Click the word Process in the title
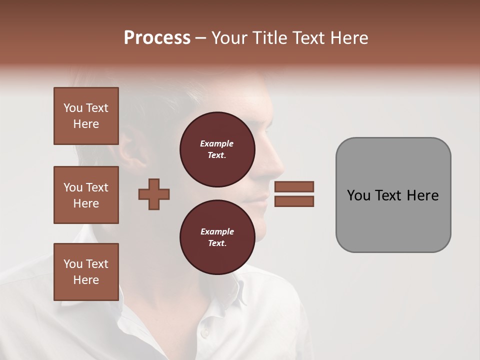[x=157, y=38]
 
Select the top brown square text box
[x=86, y=116]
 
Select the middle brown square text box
[x=86, y=195]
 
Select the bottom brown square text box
[x=86, y=271]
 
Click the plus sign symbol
[x=154, y=194]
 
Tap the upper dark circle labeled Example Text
[x=217, y=149]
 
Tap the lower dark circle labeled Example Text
[x=217, y=237]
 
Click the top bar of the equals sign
[x=294, y=186]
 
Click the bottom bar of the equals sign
[x=294, y=201]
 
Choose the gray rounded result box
[x=393, y=195]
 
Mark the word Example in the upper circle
[x=216, y=143]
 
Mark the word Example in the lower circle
[x=217, y=231]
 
